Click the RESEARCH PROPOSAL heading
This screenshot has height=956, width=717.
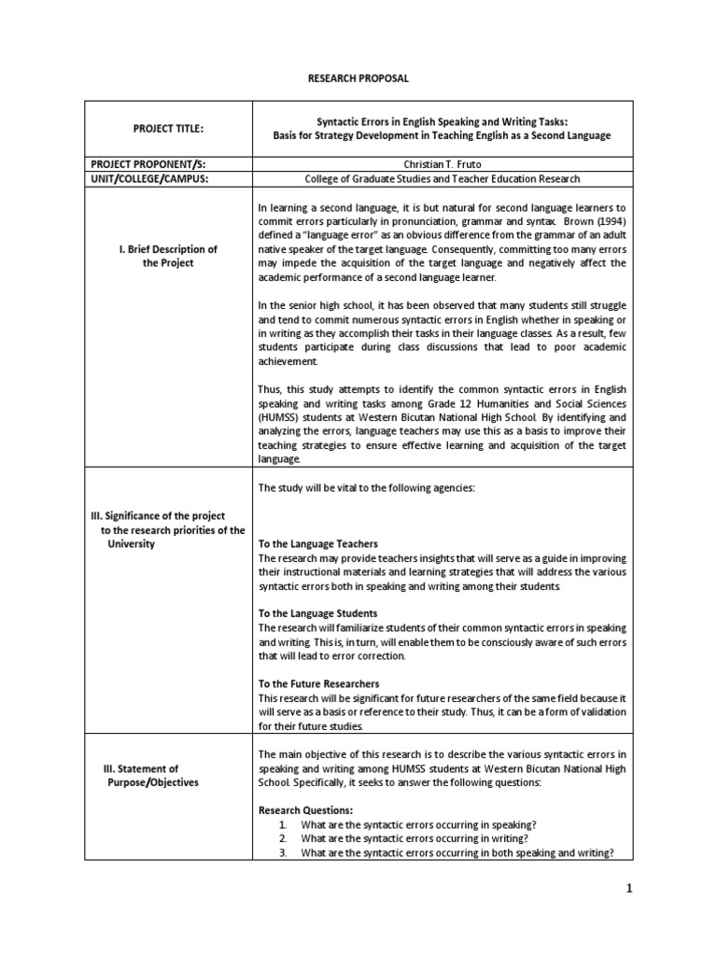pyautogui.click(x=358, y=78)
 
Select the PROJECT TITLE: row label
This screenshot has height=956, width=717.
pyautogui.click(x=167, y=128)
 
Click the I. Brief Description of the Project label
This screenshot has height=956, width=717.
pyautogui.click(x=168, y=256)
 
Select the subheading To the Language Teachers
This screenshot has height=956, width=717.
pyautogui.click(x=317, y=543)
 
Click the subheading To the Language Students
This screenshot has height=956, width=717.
pyautogui.click(x=317, y=613)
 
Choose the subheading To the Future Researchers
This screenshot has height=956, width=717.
pyautogui.click(x=318, y=683)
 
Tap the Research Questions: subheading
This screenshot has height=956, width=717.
pyautogui.click(x=305, y=809)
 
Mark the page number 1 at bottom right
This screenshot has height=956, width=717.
pyautogui.click(x=629, y=889)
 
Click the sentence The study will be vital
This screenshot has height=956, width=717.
pyautogui.click(x=366, y=488)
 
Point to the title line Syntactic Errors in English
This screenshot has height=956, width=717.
pyautogui.click(x=442, y=121)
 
